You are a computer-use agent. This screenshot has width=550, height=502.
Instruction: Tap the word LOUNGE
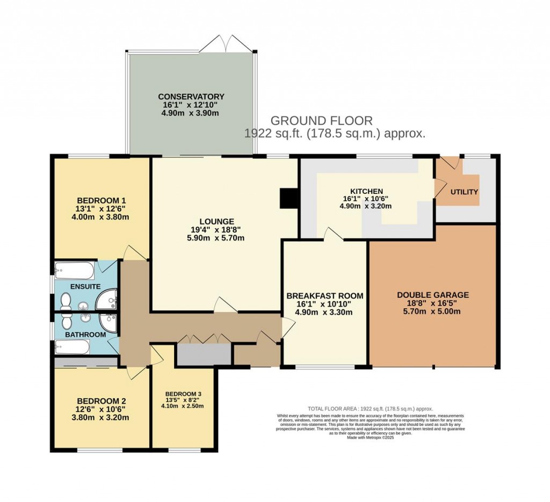click(216, 221)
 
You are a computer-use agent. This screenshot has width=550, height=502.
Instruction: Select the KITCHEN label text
click(366, 191)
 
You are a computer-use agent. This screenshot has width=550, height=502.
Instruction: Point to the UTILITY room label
click(464, 192)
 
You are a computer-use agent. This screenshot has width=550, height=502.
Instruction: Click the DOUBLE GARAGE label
click(433, 295)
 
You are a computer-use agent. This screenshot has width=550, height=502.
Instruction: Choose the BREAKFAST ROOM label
click(324, 296)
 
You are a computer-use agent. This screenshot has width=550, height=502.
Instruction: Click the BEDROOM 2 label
click(102, 401)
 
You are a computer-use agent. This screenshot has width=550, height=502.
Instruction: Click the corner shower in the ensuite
click(110, 297)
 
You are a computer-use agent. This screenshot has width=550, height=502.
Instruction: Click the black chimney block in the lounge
click(288, 198)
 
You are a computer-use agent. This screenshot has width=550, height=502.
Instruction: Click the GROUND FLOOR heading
click(321, 120)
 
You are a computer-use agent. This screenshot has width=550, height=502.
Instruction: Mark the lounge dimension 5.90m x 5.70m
click(216, 238)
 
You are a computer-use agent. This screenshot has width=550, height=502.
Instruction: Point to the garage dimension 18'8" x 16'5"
click(433, 304)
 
